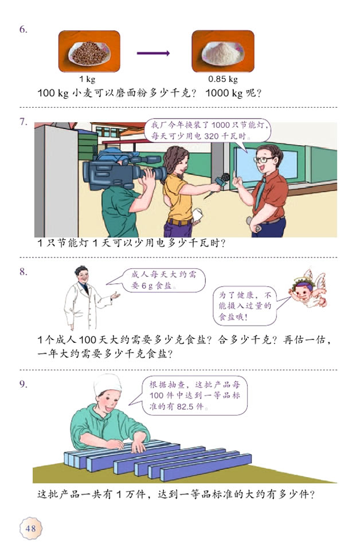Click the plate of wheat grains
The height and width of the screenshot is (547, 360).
pos(89,52)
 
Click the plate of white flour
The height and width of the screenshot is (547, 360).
pos(222,52)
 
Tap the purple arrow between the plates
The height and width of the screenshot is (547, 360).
pos(153,54)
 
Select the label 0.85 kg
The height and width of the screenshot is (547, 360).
pos(222,79)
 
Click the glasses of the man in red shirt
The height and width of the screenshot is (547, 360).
pos(263,159)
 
